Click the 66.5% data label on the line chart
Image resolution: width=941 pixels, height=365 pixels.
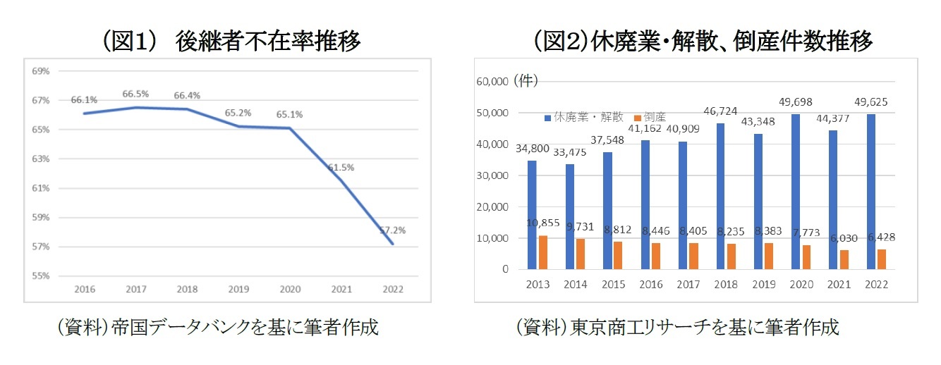(x=135, y=94)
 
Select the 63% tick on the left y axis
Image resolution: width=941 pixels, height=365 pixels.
(x=40, y=159)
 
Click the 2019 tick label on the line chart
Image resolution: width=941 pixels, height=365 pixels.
(x=238, y=290)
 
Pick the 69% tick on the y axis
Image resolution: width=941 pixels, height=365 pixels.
(x=40, y=71)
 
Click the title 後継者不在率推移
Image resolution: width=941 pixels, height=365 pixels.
(x=233, y=42)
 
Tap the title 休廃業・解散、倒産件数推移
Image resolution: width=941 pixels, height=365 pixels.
(x=703, y=42)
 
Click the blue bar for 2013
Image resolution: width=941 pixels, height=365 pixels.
(x=532, y=215)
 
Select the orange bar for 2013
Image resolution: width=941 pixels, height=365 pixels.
(x=543, y=252)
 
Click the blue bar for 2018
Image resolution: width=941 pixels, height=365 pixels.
(x=721, y=196)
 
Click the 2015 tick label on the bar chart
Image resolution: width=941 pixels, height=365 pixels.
(x=613, y=285)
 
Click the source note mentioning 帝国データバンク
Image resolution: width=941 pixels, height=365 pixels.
(x=218, y=328)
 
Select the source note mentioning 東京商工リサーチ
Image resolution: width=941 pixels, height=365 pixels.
(x=678, y=328)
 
